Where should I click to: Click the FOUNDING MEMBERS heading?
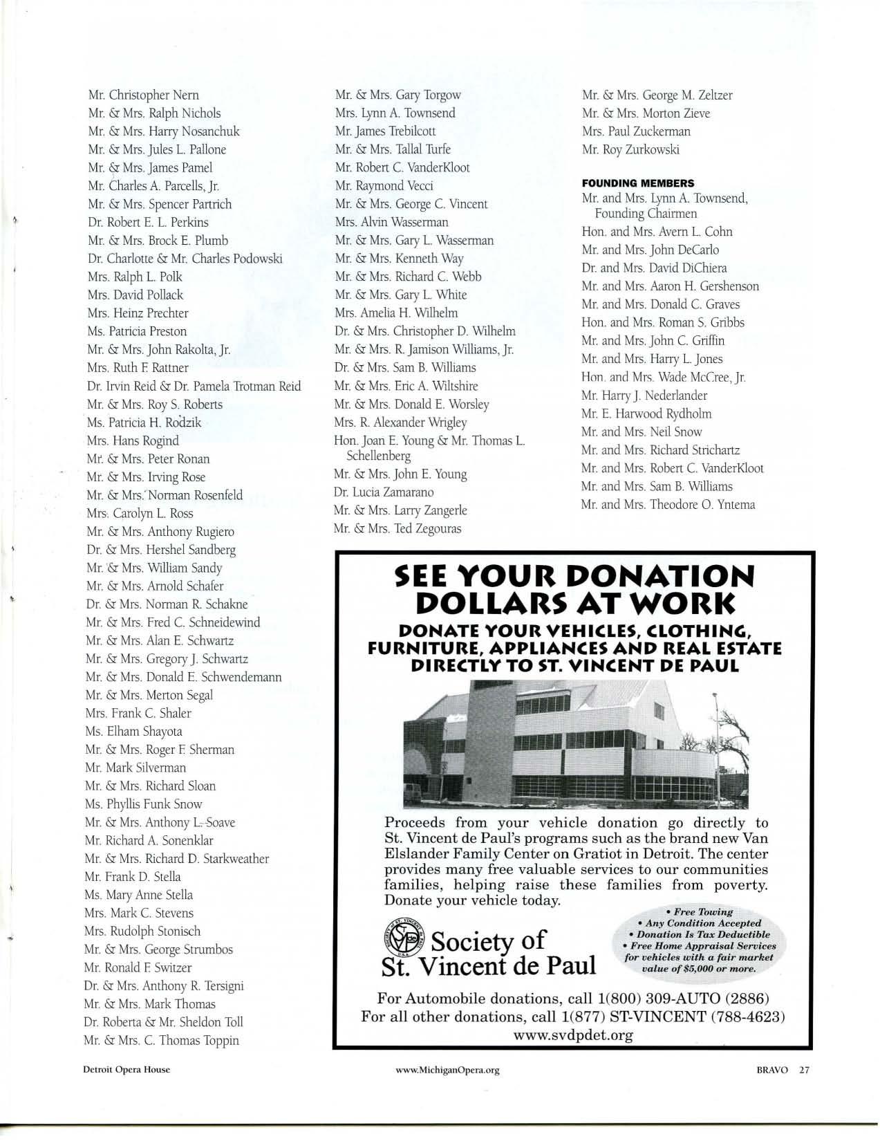(637, 183)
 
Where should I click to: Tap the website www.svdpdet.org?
(573, 1035)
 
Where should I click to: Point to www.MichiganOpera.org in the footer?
(447, 1069)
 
